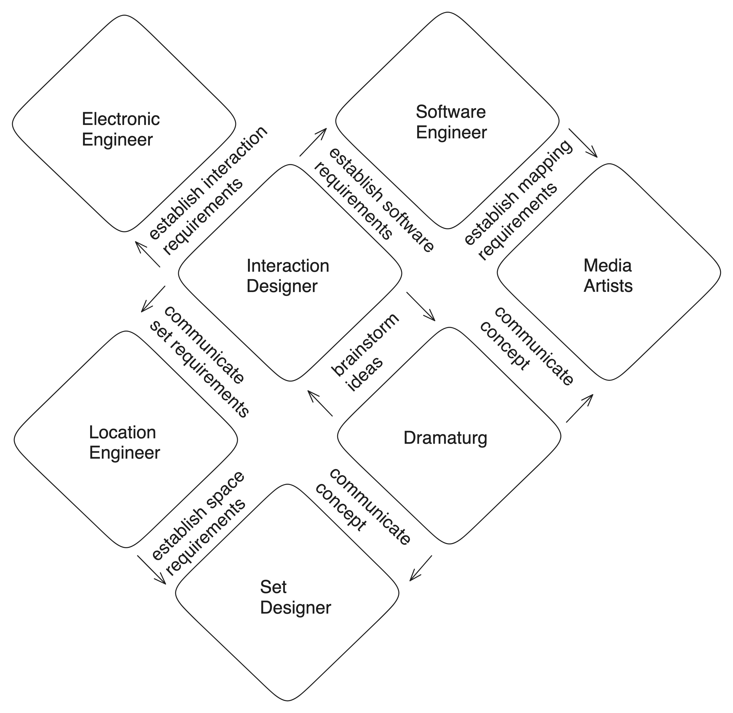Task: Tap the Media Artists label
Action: (x=608, y=276)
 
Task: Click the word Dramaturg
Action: (x=445, y=438)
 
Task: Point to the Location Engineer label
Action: (x=124, y=443)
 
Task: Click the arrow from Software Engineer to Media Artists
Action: (x=583, y=143)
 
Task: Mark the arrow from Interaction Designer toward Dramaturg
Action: (x=421, y=306)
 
